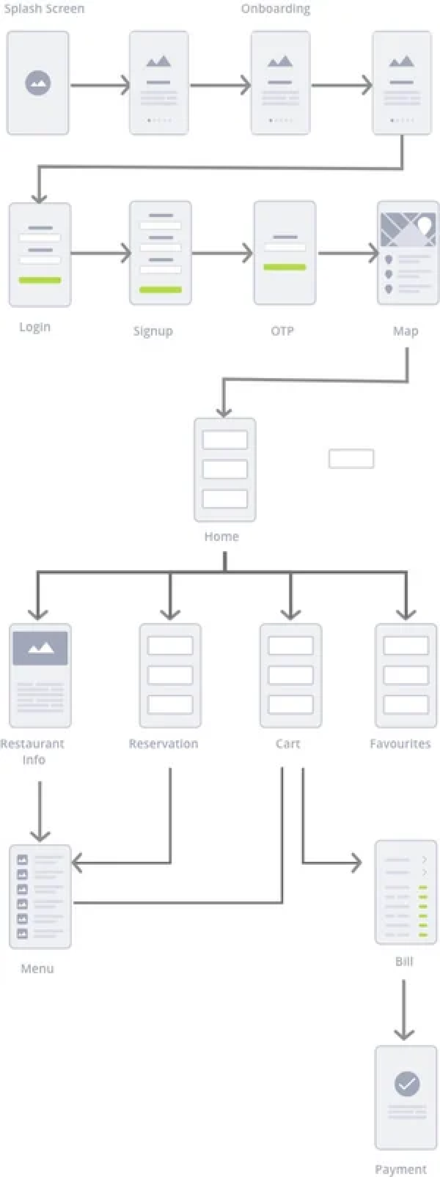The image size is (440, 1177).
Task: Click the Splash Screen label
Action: point(44,9)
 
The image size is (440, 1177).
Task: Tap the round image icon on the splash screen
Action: point(38,83)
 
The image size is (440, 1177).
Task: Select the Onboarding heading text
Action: point(275,9)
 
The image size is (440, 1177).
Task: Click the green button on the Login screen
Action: point(40,280)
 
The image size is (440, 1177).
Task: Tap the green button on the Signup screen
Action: point(161,290)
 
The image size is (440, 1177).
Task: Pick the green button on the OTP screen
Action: point(285,267)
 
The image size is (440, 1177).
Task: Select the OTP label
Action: point(282,331)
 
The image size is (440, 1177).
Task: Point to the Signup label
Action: point(153,331)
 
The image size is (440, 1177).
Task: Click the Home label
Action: point(221,536)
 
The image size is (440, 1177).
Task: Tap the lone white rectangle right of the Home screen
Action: point(351,459)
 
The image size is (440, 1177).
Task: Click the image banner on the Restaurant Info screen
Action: point(40,648)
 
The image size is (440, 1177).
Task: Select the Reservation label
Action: point(163,744)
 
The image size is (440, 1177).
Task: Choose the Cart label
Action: point(288,744)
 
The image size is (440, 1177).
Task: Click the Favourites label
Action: point(400,744)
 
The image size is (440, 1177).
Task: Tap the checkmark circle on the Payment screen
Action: point(407,1083)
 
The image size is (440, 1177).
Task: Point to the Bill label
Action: point(404,961)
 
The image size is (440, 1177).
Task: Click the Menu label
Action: point(37,968)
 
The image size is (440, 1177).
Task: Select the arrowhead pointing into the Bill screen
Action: point(357,863)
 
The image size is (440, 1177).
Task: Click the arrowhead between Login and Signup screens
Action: point(126,253)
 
